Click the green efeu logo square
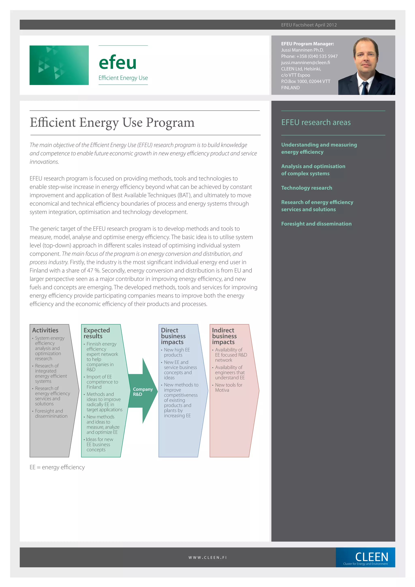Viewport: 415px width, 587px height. pos(59,65)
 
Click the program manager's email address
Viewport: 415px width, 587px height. pos(305,63)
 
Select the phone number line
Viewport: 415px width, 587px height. pos(309,56)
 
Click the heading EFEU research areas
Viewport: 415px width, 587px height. pos(316,122)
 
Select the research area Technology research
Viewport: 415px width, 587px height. pos(307,188)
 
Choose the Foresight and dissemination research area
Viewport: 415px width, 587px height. pos(316,224)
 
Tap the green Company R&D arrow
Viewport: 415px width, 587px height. pos(142,391)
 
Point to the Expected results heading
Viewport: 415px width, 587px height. pos(97,333)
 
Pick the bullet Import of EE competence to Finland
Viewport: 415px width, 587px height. pos(102,382)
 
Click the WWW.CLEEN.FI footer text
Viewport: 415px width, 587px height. pos(207,558)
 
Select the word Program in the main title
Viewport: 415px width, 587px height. pos(170,122)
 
